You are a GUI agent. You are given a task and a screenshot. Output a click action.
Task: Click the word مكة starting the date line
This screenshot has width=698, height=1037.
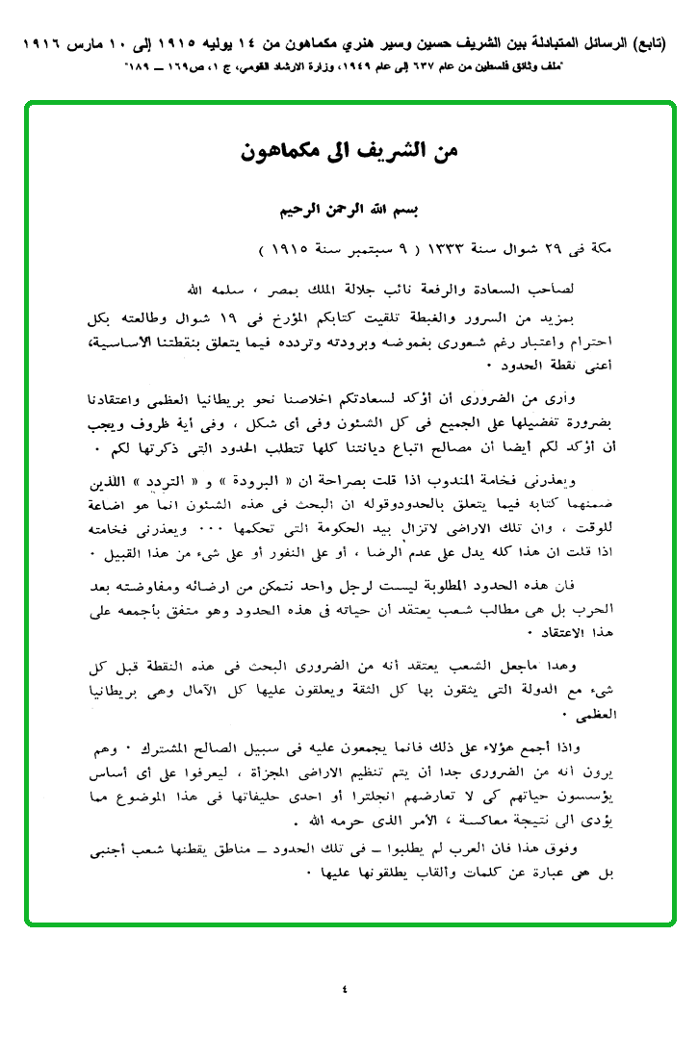[604, 247]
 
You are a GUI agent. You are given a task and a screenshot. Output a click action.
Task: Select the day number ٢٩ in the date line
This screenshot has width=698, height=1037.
[574, 247]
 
